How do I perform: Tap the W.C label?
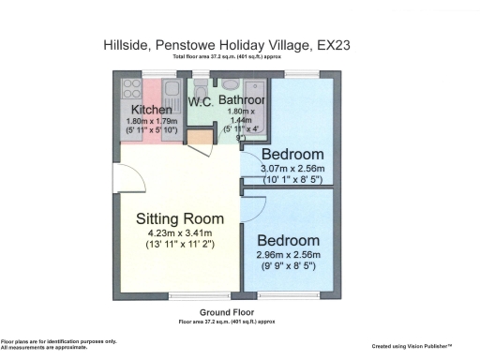click(200, 101)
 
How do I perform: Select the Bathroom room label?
click(242, 99)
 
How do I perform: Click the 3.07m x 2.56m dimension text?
click(292, 170)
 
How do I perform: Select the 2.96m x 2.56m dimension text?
click(294, 255)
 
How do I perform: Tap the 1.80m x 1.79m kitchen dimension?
click(152, 122)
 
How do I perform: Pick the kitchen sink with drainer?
click(171, 92)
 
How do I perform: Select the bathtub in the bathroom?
click(258, 112)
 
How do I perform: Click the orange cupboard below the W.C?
click(199, 138)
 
